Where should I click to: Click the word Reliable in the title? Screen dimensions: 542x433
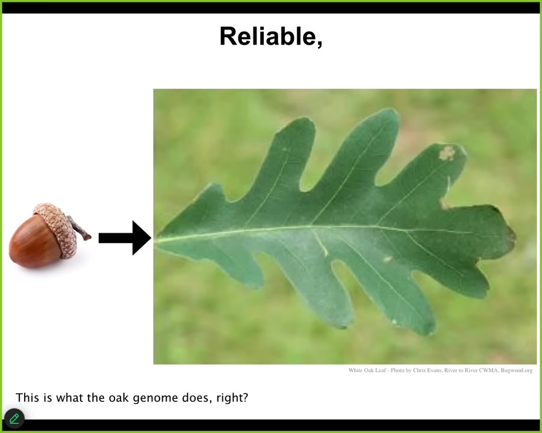point(268,36)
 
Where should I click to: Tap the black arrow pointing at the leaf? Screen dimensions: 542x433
point(125,238)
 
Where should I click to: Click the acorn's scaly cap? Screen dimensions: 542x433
point(57,229)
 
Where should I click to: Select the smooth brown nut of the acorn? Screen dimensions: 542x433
point(34,241)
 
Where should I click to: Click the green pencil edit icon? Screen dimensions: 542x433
point(14,419)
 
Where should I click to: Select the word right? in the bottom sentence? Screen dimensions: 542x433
point(232,398)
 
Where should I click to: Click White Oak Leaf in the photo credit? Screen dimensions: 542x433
point(367,370)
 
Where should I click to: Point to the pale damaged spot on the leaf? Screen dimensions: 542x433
point(447,153)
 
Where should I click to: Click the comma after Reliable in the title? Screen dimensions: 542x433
point(319,43)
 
